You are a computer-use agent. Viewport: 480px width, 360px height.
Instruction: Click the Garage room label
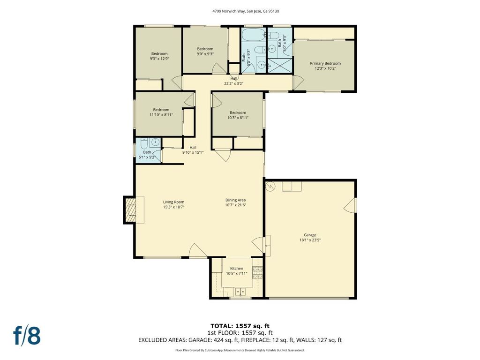pyautogui.click(x=310, y=235)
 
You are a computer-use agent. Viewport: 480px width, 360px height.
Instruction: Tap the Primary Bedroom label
pyautogui.click(x=325, y=63)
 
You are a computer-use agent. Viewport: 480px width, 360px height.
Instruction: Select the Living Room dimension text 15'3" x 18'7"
pyautogui.click(x=173, y=207)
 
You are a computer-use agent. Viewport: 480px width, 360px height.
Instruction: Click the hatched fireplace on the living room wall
pyautogui.click(x=130, y=210)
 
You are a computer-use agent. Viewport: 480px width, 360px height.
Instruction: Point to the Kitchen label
pyautogui.click(x=237, y=269)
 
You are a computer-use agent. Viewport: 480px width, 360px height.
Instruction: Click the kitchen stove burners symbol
pyautogui.click(x=257, y=272)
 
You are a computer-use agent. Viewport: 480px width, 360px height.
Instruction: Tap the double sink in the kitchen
pyautogui.click(x=240, y=292)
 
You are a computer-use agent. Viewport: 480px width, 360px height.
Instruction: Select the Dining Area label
pyautogui.click(x=235, y=200)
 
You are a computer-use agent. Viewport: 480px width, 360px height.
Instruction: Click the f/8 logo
pyautogui.click(x=27, y=336)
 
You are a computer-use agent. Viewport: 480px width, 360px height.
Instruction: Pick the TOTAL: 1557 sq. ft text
pyautogui.click(x=240, y=326)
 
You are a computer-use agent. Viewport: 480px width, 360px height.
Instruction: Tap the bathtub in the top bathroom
pyautogui.click(x=254, y=35)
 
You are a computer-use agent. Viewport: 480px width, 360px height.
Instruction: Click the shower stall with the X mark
pyautogui.click(x=280, y=65)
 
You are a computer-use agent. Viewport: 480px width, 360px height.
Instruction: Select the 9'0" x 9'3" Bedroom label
pyautogui.click(x=205, y=51)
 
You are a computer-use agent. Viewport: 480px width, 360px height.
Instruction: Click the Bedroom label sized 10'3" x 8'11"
pyautogui.click(x=238, y=115)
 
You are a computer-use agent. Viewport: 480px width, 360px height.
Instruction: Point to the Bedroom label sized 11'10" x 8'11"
pyautogui.click(x=161, y=112)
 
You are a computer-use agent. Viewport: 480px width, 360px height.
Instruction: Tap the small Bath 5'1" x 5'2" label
pyautogui.click(x=147, y=155)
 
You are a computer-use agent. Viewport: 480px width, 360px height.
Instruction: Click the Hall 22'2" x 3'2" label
pyautogui.click(x=233, y=81)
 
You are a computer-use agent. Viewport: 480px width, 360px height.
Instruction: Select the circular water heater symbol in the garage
pyautogui.click(x=271, y=186)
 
